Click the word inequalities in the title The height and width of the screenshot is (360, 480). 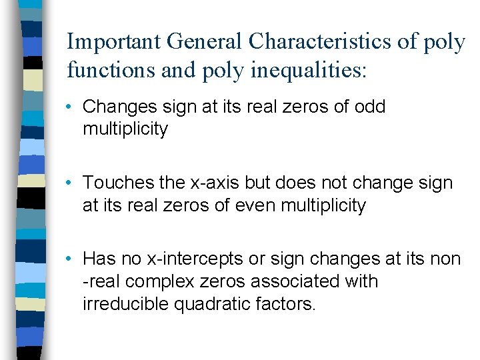point(309,70)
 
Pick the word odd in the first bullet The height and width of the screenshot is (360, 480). point(370,107)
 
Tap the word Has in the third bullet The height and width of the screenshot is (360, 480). point(99,259)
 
